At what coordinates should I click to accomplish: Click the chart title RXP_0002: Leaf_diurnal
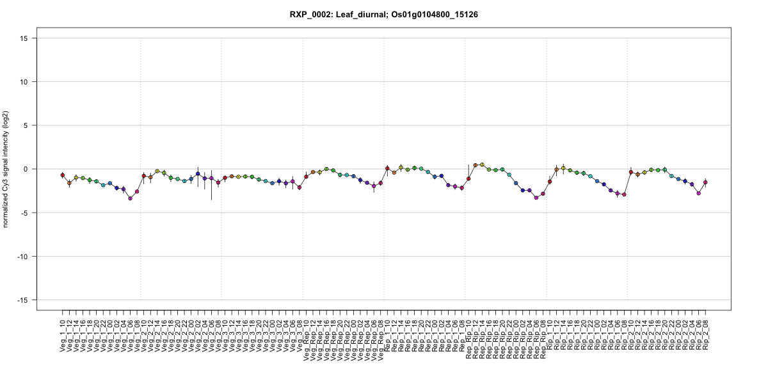(384, 14)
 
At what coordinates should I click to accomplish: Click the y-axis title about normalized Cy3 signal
(7, 169)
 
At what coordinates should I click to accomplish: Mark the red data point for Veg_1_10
(63, 175)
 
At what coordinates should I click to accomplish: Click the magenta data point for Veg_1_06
(130, 198)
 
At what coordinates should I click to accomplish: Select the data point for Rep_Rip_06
(536, 198)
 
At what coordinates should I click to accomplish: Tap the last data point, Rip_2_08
(705, 182)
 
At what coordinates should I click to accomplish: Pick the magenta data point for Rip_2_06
(698, 193)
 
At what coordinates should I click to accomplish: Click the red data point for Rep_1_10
(387, 168)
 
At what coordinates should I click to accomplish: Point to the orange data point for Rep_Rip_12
(476, 165)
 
